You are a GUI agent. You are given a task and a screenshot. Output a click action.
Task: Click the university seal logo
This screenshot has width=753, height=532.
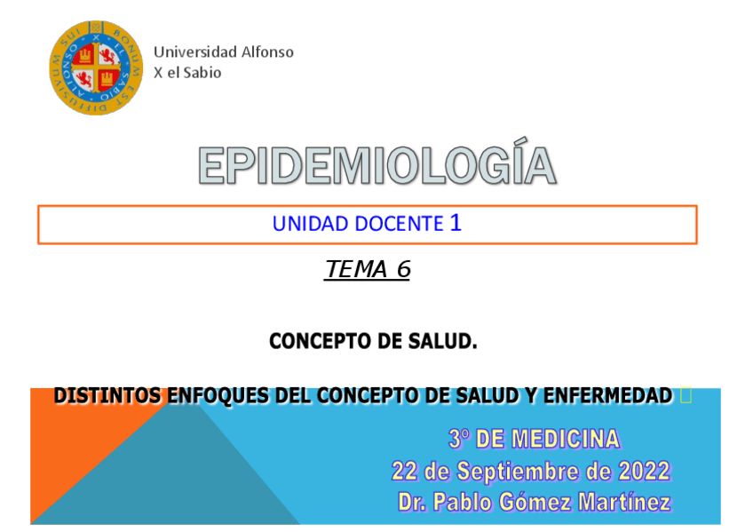[x=93, y=68]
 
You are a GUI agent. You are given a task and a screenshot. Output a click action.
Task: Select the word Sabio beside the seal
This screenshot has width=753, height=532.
[x=202, y=73]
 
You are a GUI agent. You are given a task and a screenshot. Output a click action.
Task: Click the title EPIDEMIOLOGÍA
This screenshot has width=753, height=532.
[x=376, y=166]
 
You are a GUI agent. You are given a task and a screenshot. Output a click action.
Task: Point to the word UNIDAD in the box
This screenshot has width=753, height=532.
[x=310, y=224]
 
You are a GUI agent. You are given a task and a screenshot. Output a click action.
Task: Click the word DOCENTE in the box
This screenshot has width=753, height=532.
[x=399, y=224]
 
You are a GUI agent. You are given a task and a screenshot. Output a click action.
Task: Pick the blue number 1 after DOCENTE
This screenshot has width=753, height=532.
[x=456, y=223]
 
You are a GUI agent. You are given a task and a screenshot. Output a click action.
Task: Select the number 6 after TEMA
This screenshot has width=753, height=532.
[x=402, y=269]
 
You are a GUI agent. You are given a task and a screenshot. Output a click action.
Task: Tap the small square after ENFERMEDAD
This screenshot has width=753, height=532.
[x=685, y=396]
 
